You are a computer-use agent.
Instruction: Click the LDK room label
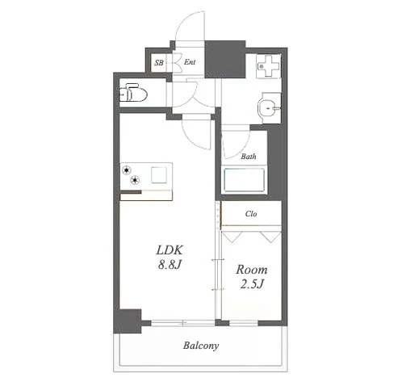pyautogui.click(x=170, y=250)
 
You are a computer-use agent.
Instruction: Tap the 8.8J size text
pyautogui.click(x=170, y=265)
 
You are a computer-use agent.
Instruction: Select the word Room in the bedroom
pyautogui.click(x=252, y=270)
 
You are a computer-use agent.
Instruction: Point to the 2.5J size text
pyautogui.click(x=252, y=284)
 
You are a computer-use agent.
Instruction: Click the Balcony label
pyautogui.click(x=201, y=346)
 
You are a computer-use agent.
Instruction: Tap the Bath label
pyautogui.click(x=249, y=157)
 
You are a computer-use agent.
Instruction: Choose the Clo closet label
pyautogui.click(x=251, y=214)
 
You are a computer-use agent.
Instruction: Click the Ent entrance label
pyautogui.click(x=190, y=62)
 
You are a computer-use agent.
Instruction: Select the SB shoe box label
pyautogui.click(x=159, y=63)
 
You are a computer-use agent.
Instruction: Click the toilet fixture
pyautogui.click(x=133, y=93)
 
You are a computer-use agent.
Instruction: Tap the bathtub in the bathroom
pyautogui.click(x=244, y=180)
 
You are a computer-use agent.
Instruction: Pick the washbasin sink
pyautogui.click(x=269, y=108)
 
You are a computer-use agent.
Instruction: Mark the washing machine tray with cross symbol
pyautogui.click(x=268, y=66)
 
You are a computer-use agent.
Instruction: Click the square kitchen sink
pyautogui.click(x=159, y=175)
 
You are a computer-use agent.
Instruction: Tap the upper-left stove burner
pyautogui.click(x=126, y=170)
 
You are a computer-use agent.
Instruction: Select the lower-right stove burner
pyautogui.click(x=135, y=180)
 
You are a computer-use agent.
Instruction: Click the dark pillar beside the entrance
pyautogui.click(x=225, y=59)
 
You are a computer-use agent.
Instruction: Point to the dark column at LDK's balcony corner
pyautogui.click(x=128, y=321)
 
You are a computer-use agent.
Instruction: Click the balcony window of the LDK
pyautogui.click(x=182, y=322)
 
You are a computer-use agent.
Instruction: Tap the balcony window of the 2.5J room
pyautogui.click(x=244, y=322)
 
